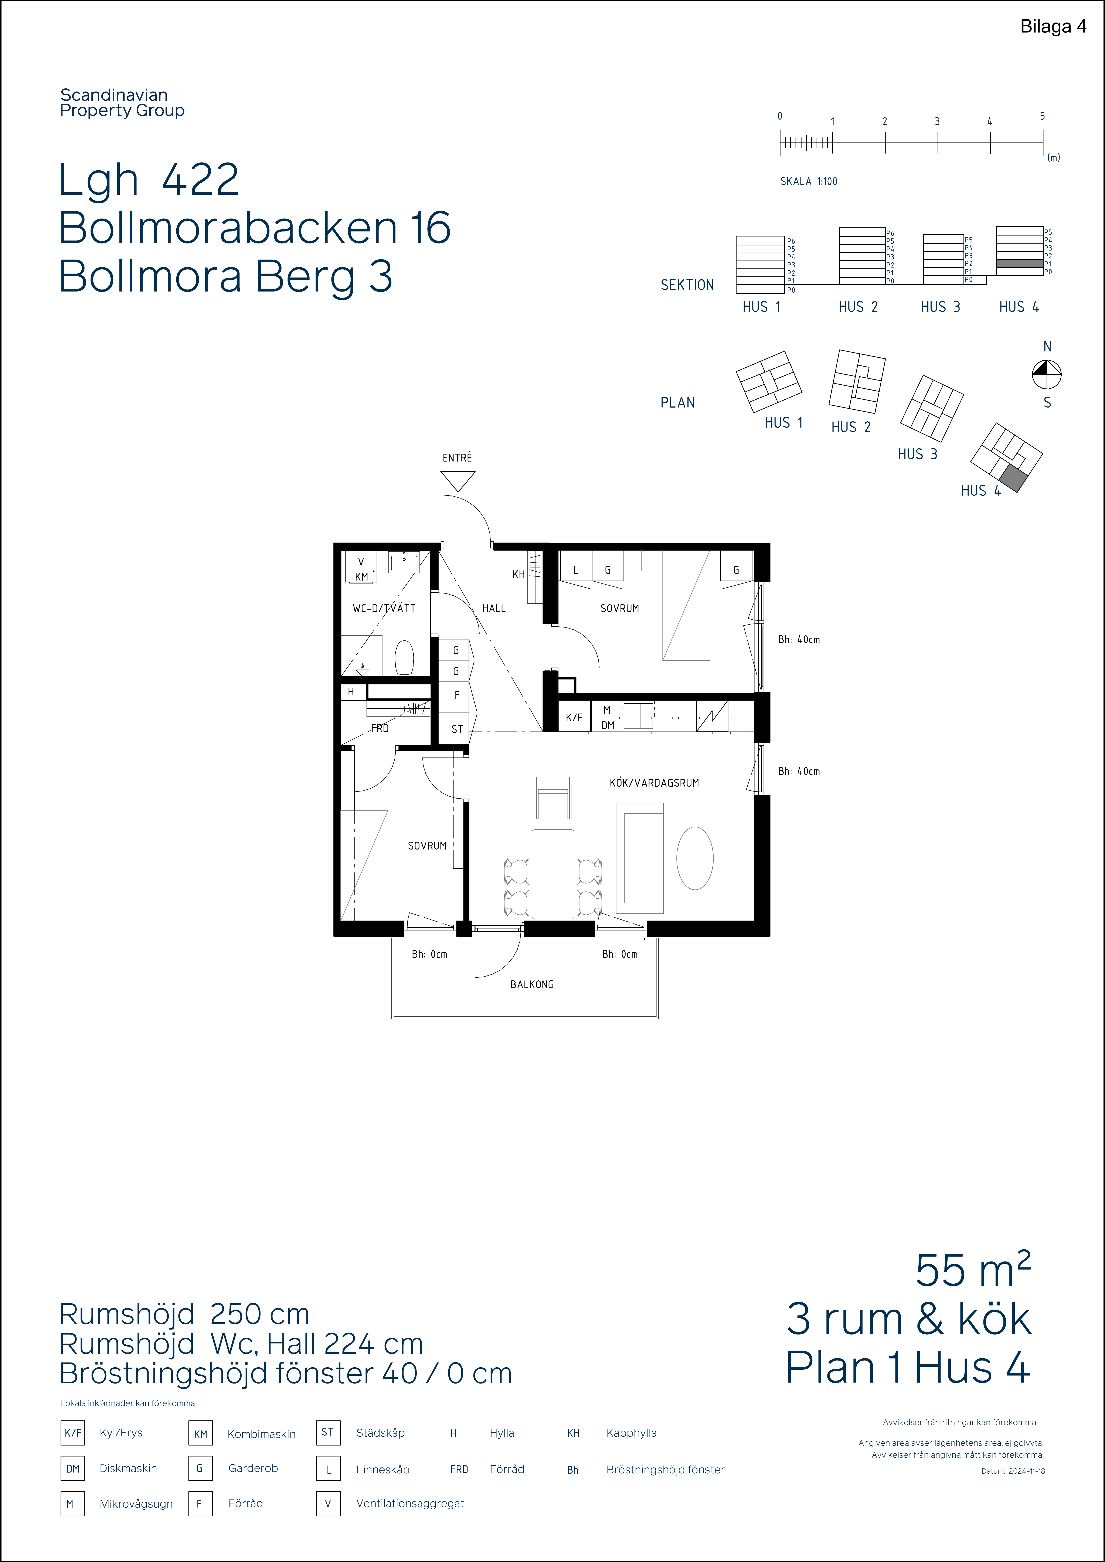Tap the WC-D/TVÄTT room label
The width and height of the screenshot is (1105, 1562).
click(384, 608)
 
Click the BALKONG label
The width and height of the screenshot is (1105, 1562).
click(532, 984)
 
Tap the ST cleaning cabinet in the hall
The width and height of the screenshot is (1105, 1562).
click(457, 729)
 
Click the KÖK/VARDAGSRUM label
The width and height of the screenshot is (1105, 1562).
click(654, 782)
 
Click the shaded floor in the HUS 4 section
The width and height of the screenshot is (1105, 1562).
click(1019, 263)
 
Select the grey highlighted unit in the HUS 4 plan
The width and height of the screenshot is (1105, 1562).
click(1012, 479)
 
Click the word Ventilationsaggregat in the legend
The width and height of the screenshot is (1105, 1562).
click(410, 1504)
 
